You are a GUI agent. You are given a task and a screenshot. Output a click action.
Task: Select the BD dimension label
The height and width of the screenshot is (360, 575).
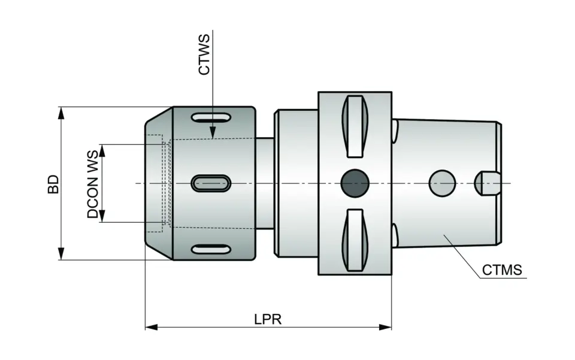point(54,184)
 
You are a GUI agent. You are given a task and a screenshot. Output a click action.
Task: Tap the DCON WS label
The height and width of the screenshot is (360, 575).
point(93,184)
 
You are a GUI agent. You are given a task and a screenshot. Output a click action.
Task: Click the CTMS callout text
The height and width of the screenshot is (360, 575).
point(502,270)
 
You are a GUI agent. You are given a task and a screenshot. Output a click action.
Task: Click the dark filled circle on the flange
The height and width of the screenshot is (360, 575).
point(354,183)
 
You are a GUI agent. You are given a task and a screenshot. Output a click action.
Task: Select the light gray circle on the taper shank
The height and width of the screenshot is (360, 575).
point(442,183)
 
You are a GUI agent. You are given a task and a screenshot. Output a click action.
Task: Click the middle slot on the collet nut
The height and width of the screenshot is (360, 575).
point(210,183)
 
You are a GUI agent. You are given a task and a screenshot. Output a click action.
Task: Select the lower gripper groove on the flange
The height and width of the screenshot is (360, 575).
point(354,240)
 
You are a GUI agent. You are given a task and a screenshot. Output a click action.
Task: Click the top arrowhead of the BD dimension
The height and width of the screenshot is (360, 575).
point(60,113)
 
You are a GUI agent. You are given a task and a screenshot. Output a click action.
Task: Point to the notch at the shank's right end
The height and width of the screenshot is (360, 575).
point(487,183)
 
